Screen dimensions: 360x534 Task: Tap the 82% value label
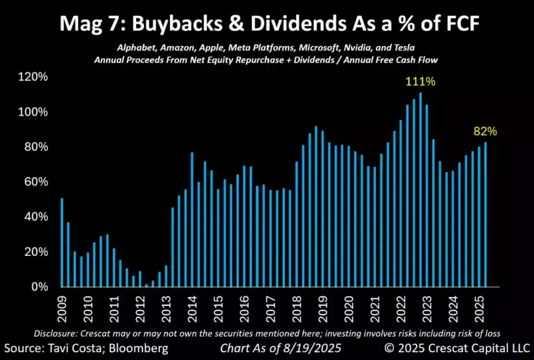pos(485,132)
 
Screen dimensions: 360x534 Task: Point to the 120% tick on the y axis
pos(32,77)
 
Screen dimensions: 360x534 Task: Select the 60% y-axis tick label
pos(35,182)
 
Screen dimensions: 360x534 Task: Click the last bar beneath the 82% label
pos(485,215)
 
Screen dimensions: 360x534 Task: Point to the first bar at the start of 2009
pos(62,242)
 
